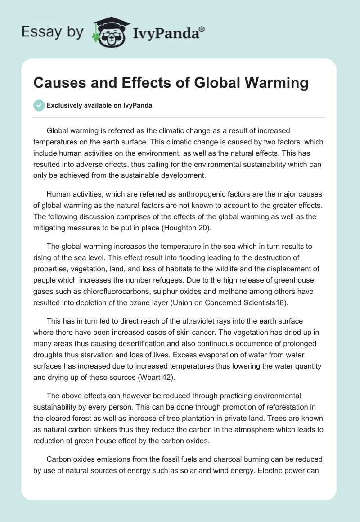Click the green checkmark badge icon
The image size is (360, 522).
pos(39,105)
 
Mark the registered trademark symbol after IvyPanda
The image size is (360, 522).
pos(202,28)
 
